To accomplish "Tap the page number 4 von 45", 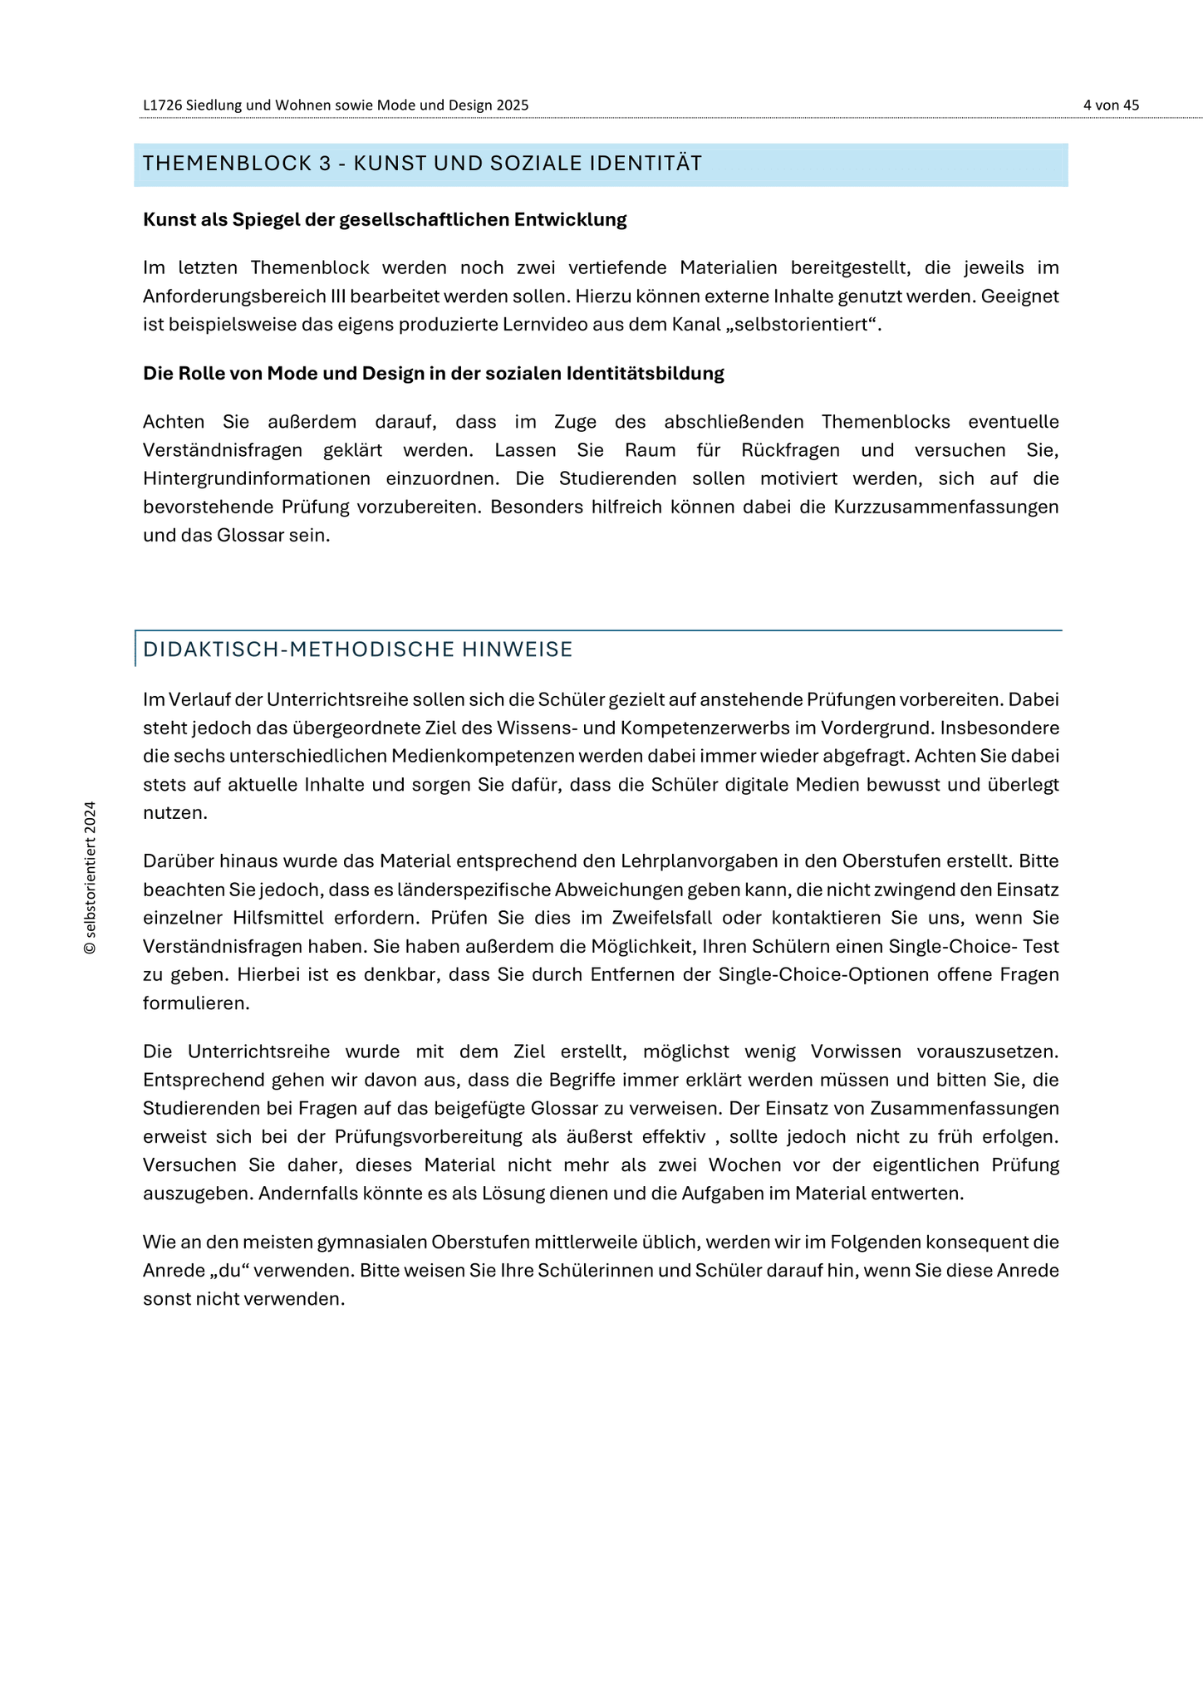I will tap(1111, 105).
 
